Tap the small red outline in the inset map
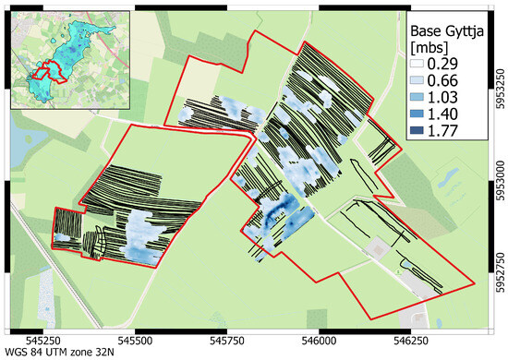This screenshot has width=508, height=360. click(41, 73)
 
